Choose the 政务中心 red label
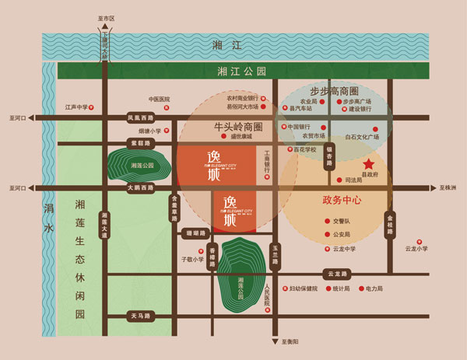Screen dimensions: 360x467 point(342,200)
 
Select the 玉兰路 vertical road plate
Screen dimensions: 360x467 point(275,253)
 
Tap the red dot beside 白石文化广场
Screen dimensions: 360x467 point(374,129)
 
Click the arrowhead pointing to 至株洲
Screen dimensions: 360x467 point(434,188)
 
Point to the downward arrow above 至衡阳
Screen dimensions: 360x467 point(275,341)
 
